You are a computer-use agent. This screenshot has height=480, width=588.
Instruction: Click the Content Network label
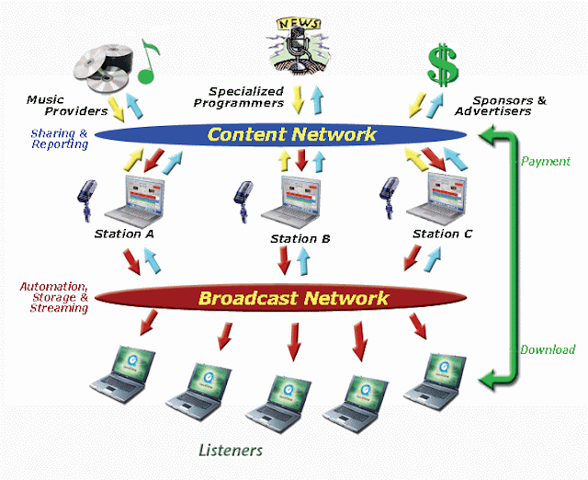[291, 135]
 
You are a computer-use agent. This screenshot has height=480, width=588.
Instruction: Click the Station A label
[124, 234]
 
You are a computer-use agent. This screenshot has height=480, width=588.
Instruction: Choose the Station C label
[442, 234]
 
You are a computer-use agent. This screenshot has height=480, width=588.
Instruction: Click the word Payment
[546, 161]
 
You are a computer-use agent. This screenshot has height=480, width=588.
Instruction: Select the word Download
[548, 349]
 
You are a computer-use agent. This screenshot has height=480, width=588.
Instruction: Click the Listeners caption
[231, 451]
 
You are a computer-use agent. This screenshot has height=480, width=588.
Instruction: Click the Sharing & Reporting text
[59, 139]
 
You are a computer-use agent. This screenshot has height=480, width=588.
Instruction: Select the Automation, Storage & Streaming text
[53, 297]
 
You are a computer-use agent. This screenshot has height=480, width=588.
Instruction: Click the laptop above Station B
[288, 201]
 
